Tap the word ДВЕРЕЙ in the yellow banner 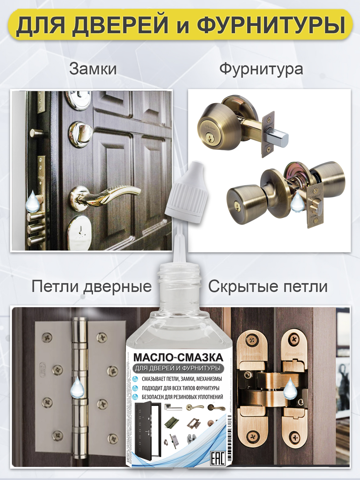120,25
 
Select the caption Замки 93,69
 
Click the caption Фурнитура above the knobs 261,69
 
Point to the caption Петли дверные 91,286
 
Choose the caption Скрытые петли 268,286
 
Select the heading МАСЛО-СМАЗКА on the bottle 178,357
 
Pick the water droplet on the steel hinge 77,387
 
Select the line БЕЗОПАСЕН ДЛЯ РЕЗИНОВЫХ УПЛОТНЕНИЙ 182,397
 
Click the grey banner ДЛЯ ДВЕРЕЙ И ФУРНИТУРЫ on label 178,368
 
